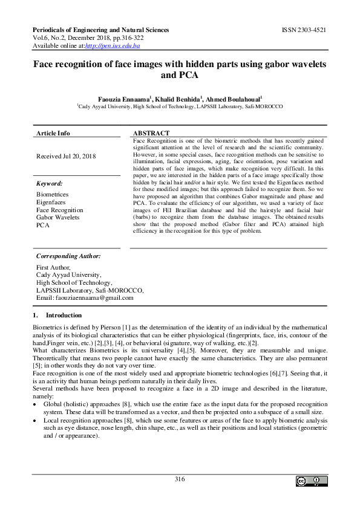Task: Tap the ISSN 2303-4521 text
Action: pos(304,30)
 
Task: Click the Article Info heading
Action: pos(53,133)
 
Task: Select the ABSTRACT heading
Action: pos(151,133)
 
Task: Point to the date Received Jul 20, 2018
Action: pos(65,156)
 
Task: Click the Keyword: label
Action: pos(50,183)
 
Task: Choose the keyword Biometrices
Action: pos(53,195)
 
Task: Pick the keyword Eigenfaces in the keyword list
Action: pos(51,203)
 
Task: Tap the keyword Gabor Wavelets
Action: pos(59,217)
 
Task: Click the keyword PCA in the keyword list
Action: pos(42,225)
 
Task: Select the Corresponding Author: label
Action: pos(68,256)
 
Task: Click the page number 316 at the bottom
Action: pos(179,479)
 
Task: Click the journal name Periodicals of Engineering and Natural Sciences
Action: pos(100,30)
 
